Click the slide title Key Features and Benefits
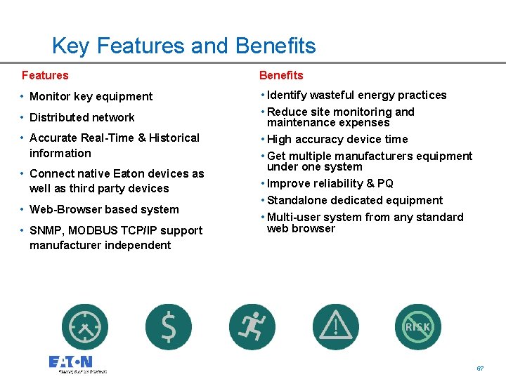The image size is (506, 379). pos(183,46)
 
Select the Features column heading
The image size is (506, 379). pos(45,75)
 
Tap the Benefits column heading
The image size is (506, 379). pos(281,75)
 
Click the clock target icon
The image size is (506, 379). pos(85,327)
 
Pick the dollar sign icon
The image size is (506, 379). pos(169,327)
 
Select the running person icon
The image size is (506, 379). pos(252,327)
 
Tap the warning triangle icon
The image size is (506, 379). pos(335,327)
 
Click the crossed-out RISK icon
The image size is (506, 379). pos(418,327)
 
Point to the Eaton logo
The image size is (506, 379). pos(71,363)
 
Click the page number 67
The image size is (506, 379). pos(480,368)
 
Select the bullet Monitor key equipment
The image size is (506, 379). pos(91,97)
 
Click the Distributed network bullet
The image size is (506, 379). pos(82,118)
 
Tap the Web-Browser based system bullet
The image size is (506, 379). pos(104,210)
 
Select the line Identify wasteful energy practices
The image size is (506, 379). pos(356,95)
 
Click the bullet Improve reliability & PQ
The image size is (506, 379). pos(330,184)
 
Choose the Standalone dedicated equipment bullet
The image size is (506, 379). pos(355,201)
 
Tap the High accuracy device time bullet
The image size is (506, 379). pos(337,140)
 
